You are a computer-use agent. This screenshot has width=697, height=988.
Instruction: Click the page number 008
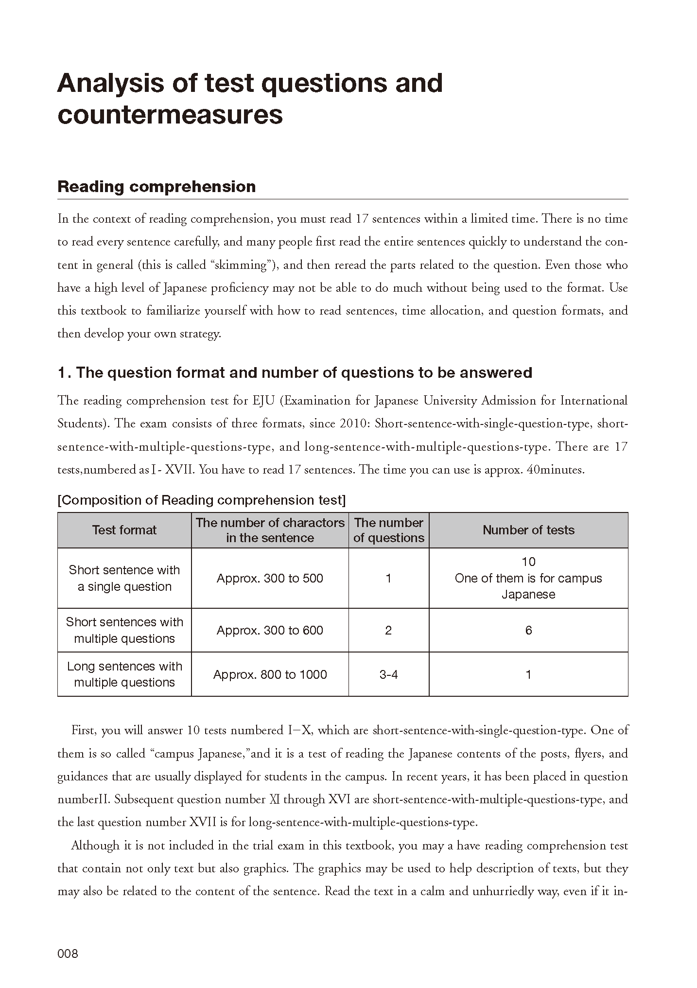(x=68, y=953)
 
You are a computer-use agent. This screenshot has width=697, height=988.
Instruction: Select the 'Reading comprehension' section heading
(x=157, y=187)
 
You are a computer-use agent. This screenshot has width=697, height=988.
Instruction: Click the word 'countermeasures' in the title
(x=170, y=115)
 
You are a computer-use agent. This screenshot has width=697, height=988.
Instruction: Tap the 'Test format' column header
(x=124, y=530)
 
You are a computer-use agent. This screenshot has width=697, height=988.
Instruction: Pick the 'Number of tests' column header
(x=528, y=530)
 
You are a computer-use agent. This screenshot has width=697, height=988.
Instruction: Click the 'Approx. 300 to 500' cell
(x=270, y=578)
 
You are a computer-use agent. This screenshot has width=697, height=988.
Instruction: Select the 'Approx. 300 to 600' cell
(x=270, y=630)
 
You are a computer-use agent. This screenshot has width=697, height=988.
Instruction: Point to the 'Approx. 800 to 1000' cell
(x=270, y=674)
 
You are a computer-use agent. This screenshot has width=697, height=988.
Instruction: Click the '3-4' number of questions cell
(x=388, y=674)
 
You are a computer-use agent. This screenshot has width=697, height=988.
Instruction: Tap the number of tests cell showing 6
(x=528, y=630)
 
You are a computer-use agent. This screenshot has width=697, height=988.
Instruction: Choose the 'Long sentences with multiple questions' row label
(x=124, y=674)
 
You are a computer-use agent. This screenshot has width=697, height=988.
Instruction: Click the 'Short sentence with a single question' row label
(x=124, y=578)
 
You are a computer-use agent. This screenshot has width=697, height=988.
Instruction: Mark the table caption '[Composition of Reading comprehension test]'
(x=201, y=500)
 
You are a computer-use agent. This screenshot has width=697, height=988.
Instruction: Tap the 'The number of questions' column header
(x=388, y=530)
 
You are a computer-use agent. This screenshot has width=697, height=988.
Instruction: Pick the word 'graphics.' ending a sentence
(x=268, y=868)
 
